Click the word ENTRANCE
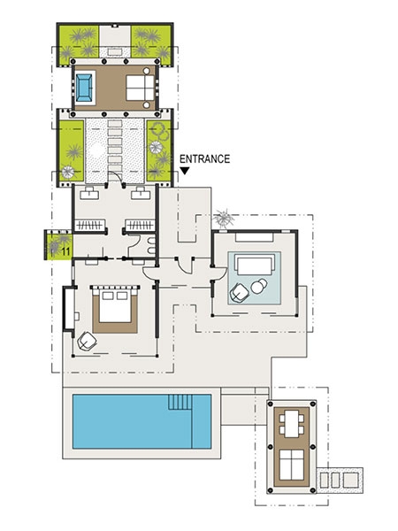(x=204, y=158)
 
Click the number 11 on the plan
(x=66, y=251)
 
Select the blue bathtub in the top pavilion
(x=84, y=88)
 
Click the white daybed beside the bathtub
(x=140, y=88)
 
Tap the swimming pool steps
(x=180, y=402)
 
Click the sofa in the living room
(x=255, y=265)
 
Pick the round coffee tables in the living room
(x=258, y=286)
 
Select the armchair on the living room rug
(x=240, y=292)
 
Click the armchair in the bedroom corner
(x=88, y=341)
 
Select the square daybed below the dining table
(x=291, y=465)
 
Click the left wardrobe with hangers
(x=90, y=225)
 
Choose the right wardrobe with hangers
(x=140, y=225)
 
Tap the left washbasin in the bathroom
(x=89, y=193)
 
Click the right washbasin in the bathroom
(x=141, y=193)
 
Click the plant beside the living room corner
(x=224, y=219)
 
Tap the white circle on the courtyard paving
(x=97, y=149)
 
